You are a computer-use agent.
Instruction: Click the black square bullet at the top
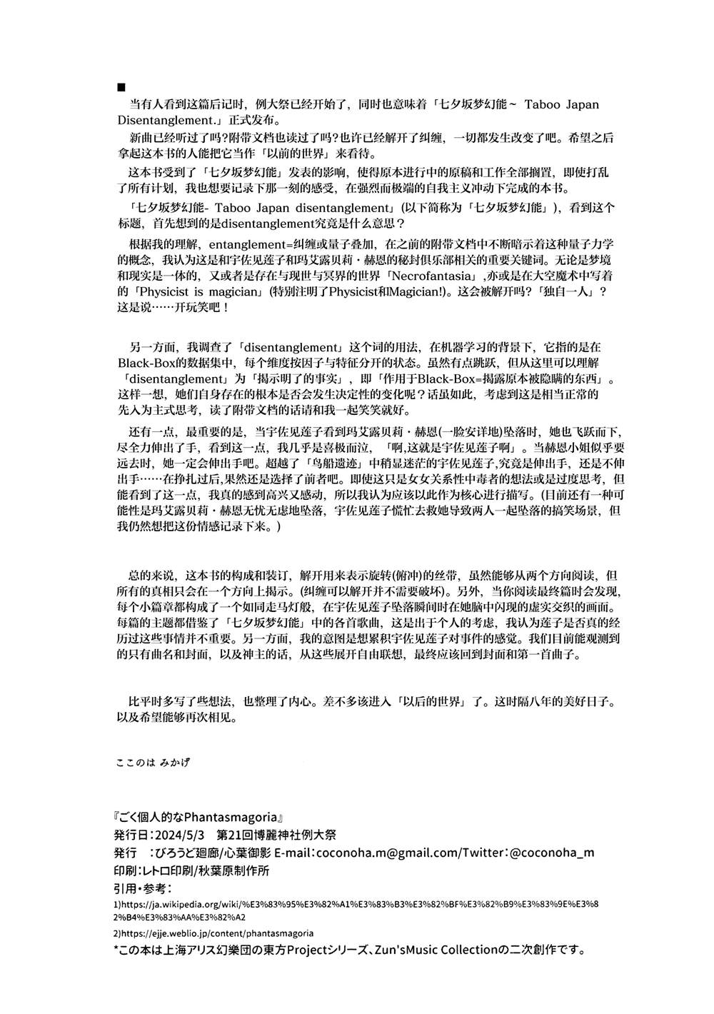click(x=121, y=87)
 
